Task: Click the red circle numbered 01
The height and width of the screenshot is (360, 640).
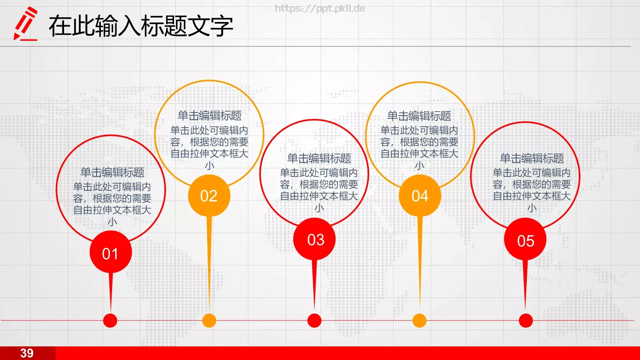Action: (x=110, y=253)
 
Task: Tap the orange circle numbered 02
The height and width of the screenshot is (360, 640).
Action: (x=209, y=196)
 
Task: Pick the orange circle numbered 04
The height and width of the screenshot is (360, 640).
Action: (x=420, y=196)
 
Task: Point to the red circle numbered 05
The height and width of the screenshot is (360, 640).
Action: (x=525, y=240)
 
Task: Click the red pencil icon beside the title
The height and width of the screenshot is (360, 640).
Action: (x=25, y=24)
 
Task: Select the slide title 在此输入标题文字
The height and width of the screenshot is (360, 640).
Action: (x=141, y=26)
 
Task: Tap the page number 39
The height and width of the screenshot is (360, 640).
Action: (x=27, y=353)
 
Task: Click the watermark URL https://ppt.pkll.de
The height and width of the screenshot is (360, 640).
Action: (x=320, y=8)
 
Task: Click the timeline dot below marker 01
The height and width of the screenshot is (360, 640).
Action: (x=110, y=320)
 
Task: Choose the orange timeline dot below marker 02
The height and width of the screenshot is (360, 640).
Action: (x=209, y=320)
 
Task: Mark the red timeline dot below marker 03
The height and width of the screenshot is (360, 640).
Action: (x=314, y=320)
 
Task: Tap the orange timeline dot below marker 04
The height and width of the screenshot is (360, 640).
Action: (x=419, y=320)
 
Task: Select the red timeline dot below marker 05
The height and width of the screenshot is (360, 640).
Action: (x=526, y=320)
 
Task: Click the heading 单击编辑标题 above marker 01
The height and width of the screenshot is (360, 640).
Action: (x=112, y=172)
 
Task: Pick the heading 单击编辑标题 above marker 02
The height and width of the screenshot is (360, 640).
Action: (x=210, y=116)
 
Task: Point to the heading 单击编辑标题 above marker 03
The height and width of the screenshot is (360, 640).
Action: (x=319, y=158)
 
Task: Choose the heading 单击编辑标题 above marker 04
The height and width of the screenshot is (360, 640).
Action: (x=419, y=116)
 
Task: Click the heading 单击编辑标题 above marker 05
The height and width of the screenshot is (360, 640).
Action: (x=532, y=158)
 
